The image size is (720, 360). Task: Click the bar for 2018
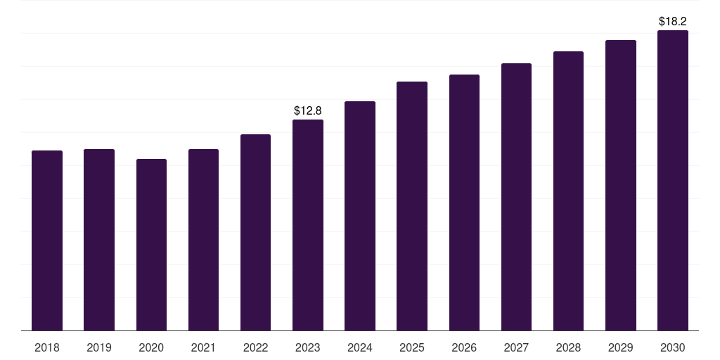point(47,240)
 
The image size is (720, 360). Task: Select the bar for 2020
point(151,245)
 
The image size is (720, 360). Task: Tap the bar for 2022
point(255,232)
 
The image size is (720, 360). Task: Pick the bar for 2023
point(308,225)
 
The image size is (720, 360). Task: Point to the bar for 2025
point(412,206)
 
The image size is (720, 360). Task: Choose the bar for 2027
point(516,197)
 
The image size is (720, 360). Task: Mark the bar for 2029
point(620,185)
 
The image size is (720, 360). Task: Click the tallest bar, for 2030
point(673,180)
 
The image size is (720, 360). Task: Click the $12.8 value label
point(308,110)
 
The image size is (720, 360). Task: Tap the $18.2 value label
point(673,21)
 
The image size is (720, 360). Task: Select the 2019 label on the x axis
point(99,347)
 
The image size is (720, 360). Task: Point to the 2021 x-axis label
point(203,347)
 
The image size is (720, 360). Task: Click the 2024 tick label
point(360,347)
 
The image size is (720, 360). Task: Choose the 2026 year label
point(464,347)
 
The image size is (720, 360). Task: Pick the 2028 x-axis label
point(568,347)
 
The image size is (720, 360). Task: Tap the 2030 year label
point(673,347)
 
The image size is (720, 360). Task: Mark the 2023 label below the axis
point(308,347)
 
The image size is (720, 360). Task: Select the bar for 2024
point(360,216)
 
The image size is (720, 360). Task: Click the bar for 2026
point(464,202)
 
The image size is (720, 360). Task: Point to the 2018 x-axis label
point(47,347)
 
